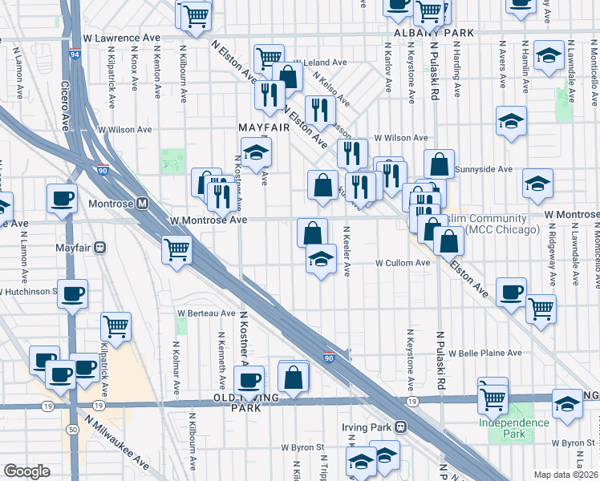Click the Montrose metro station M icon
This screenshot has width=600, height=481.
click(x=143, y=204)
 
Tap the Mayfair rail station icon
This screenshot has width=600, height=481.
click(x=100, y=247)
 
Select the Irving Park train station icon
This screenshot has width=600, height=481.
click(x=400, y=427)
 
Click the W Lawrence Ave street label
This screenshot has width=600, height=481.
click(x=121, y=38)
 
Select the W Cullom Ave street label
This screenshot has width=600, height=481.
click(x=403, y=263)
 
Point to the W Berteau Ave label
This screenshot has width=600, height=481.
click(x=207, y=313)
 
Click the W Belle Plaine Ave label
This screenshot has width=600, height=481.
click(x=485, y=353)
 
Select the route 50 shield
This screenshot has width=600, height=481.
click(x=73, y=430)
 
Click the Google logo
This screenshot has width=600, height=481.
click(x=26, y=471)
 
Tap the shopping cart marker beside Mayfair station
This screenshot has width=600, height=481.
click(x=176, y=249)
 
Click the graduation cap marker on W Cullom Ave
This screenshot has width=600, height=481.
click(x=321, y=258)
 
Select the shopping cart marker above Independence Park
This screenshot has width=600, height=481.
click(x=493, y=395)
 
